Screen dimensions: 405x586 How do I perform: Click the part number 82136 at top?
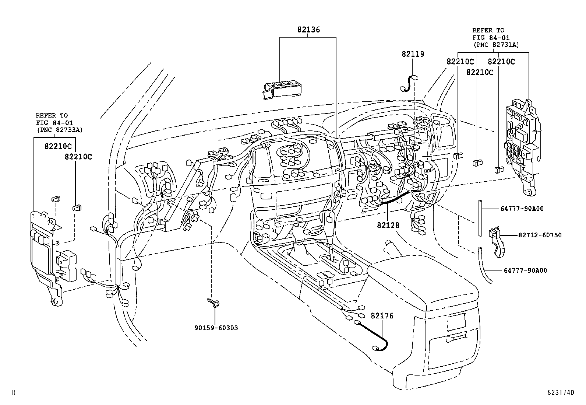[308, 30]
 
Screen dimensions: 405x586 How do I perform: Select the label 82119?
[413, 54]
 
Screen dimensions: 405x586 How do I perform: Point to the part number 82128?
[388, 225]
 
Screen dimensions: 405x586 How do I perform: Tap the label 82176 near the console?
[382, 316]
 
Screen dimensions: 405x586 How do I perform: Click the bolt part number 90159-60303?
[216, 328]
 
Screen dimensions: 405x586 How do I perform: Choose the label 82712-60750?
[540, 235]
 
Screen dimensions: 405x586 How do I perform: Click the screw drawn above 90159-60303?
[213, 303]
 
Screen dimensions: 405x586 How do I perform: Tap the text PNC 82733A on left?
[60, 130]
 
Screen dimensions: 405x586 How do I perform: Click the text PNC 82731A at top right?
[496, 45]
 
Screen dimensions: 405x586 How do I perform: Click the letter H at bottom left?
[14, 392]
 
